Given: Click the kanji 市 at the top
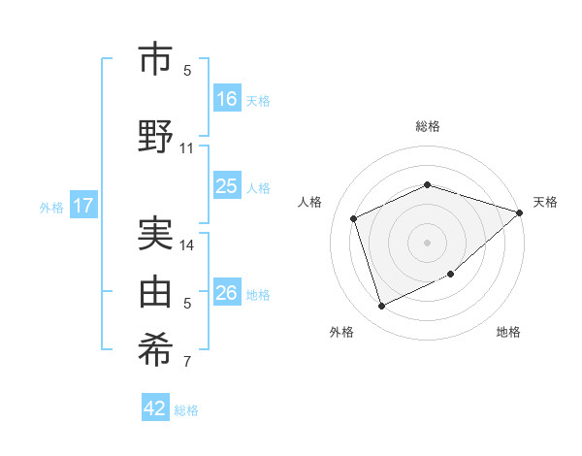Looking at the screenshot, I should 156,59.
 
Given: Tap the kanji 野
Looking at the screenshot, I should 156,135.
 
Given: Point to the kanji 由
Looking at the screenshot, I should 156,289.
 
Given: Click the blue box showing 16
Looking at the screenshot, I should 227,98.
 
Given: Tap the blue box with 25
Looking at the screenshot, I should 227,186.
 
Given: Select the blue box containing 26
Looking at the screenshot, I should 227,293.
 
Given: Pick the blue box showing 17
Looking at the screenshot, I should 82,206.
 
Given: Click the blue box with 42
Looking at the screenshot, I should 155,408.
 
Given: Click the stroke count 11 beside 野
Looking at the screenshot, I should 187,148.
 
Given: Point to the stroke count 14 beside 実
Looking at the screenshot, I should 187,245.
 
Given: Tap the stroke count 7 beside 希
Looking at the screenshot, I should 187,363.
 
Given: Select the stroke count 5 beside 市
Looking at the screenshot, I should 187,71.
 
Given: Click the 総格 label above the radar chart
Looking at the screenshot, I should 427,126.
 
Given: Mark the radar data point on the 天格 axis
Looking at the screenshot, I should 520,212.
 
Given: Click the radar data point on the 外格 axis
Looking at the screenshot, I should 381,307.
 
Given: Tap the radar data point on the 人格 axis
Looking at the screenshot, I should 354,218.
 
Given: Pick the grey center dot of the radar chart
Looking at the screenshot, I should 427,242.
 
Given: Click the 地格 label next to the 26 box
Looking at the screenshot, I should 258,294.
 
